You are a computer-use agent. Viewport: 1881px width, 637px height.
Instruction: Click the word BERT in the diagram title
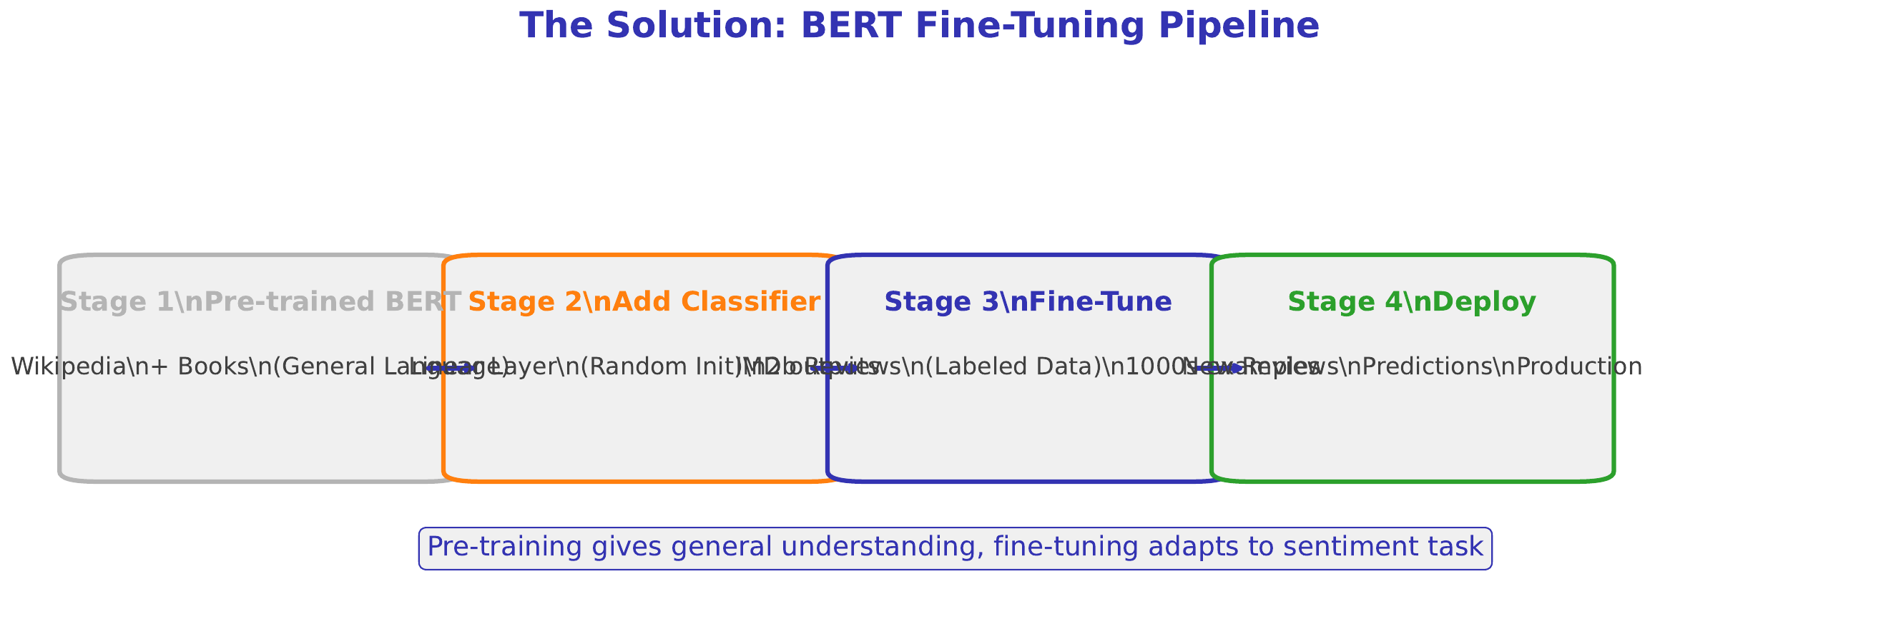851,26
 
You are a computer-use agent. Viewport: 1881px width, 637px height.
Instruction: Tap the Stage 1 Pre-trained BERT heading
260,302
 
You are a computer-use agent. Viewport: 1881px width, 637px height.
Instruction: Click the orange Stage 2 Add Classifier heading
644,302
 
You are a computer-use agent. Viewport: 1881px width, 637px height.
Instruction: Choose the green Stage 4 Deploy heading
1412,302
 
